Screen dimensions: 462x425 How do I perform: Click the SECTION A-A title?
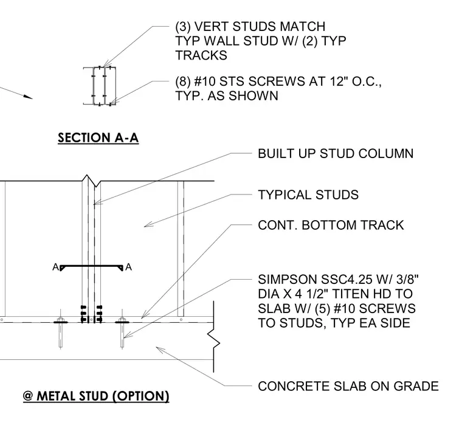(98, 138)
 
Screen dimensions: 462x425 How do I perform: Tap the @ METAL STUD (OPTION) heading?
(96, 396)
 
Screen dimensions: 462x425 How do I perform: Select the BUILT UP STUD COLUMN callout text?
(336, 154)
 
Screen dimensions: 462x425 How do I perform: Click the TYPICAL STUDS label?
(308, 195)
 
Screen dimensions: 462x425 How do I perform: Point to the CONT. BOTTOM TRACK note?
(331, 225)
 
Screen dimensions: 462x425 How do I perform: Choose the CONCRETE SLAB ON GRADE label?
(348, 386)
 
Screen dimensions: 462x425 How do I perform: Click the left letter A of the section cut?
(55, 267)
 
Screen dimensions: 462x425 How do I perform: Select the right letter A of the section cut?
(128, 267)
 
